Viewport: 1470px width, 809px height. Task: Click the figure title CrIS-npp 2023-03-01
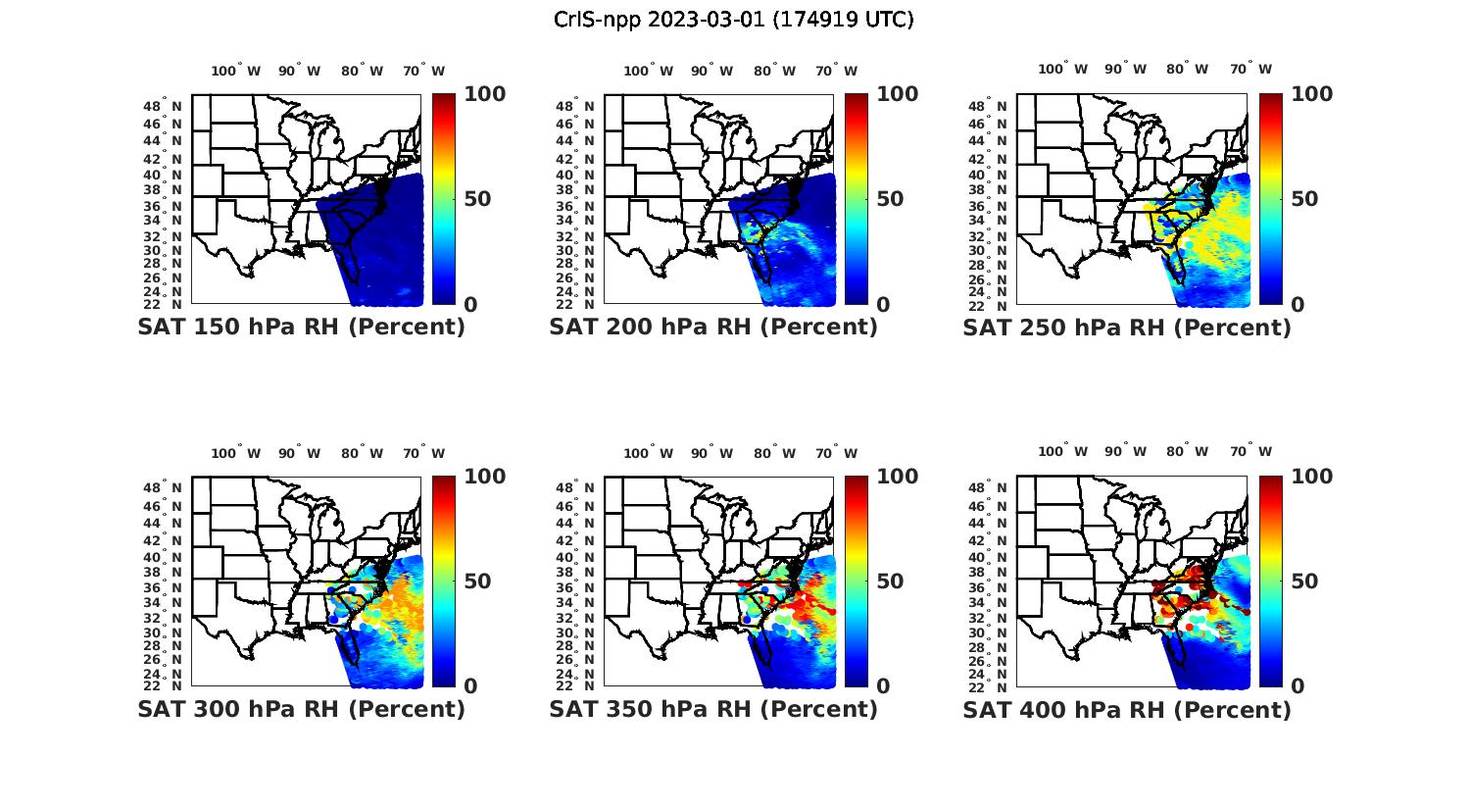click(733, 20)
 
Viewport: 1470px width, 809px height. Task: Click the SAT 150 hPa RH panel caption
click(301, 328)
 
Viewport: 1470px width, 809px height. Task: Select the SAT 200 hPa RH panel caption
click(713, 328)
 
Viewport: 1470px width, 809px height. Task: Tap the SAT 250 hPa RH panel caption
click(1127, 328)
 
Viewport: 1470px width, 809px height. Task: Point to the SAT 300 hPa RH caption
click(301, 709)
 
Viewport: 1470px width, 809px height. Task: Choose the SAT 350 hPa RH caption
click(713, 709)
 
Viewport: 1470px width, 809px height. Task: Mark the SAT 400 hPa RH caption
click(1127, 709)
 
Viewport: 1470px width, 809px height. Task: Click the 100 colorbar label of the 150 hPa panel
click(485, 94)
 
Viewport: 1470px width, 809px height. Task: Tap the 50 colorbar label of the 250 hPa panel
click(1303, 199)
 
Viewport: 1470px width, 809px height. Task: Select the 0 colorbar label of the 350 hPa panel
click(883, 686)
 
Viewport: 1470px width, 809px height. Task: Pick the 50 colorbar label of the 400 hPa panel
click(1303, 581)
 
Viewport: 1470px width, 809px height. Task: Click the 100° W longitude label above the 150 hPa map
click(236, 71)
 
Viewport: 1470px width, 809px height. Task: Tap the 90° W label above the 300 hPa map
click(299, 453)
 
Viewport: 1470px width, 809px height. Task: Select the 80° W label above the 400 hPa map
click(1187, 451)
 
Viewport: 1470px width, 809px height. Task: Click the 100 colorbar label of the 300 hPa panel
click(485, 477)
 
